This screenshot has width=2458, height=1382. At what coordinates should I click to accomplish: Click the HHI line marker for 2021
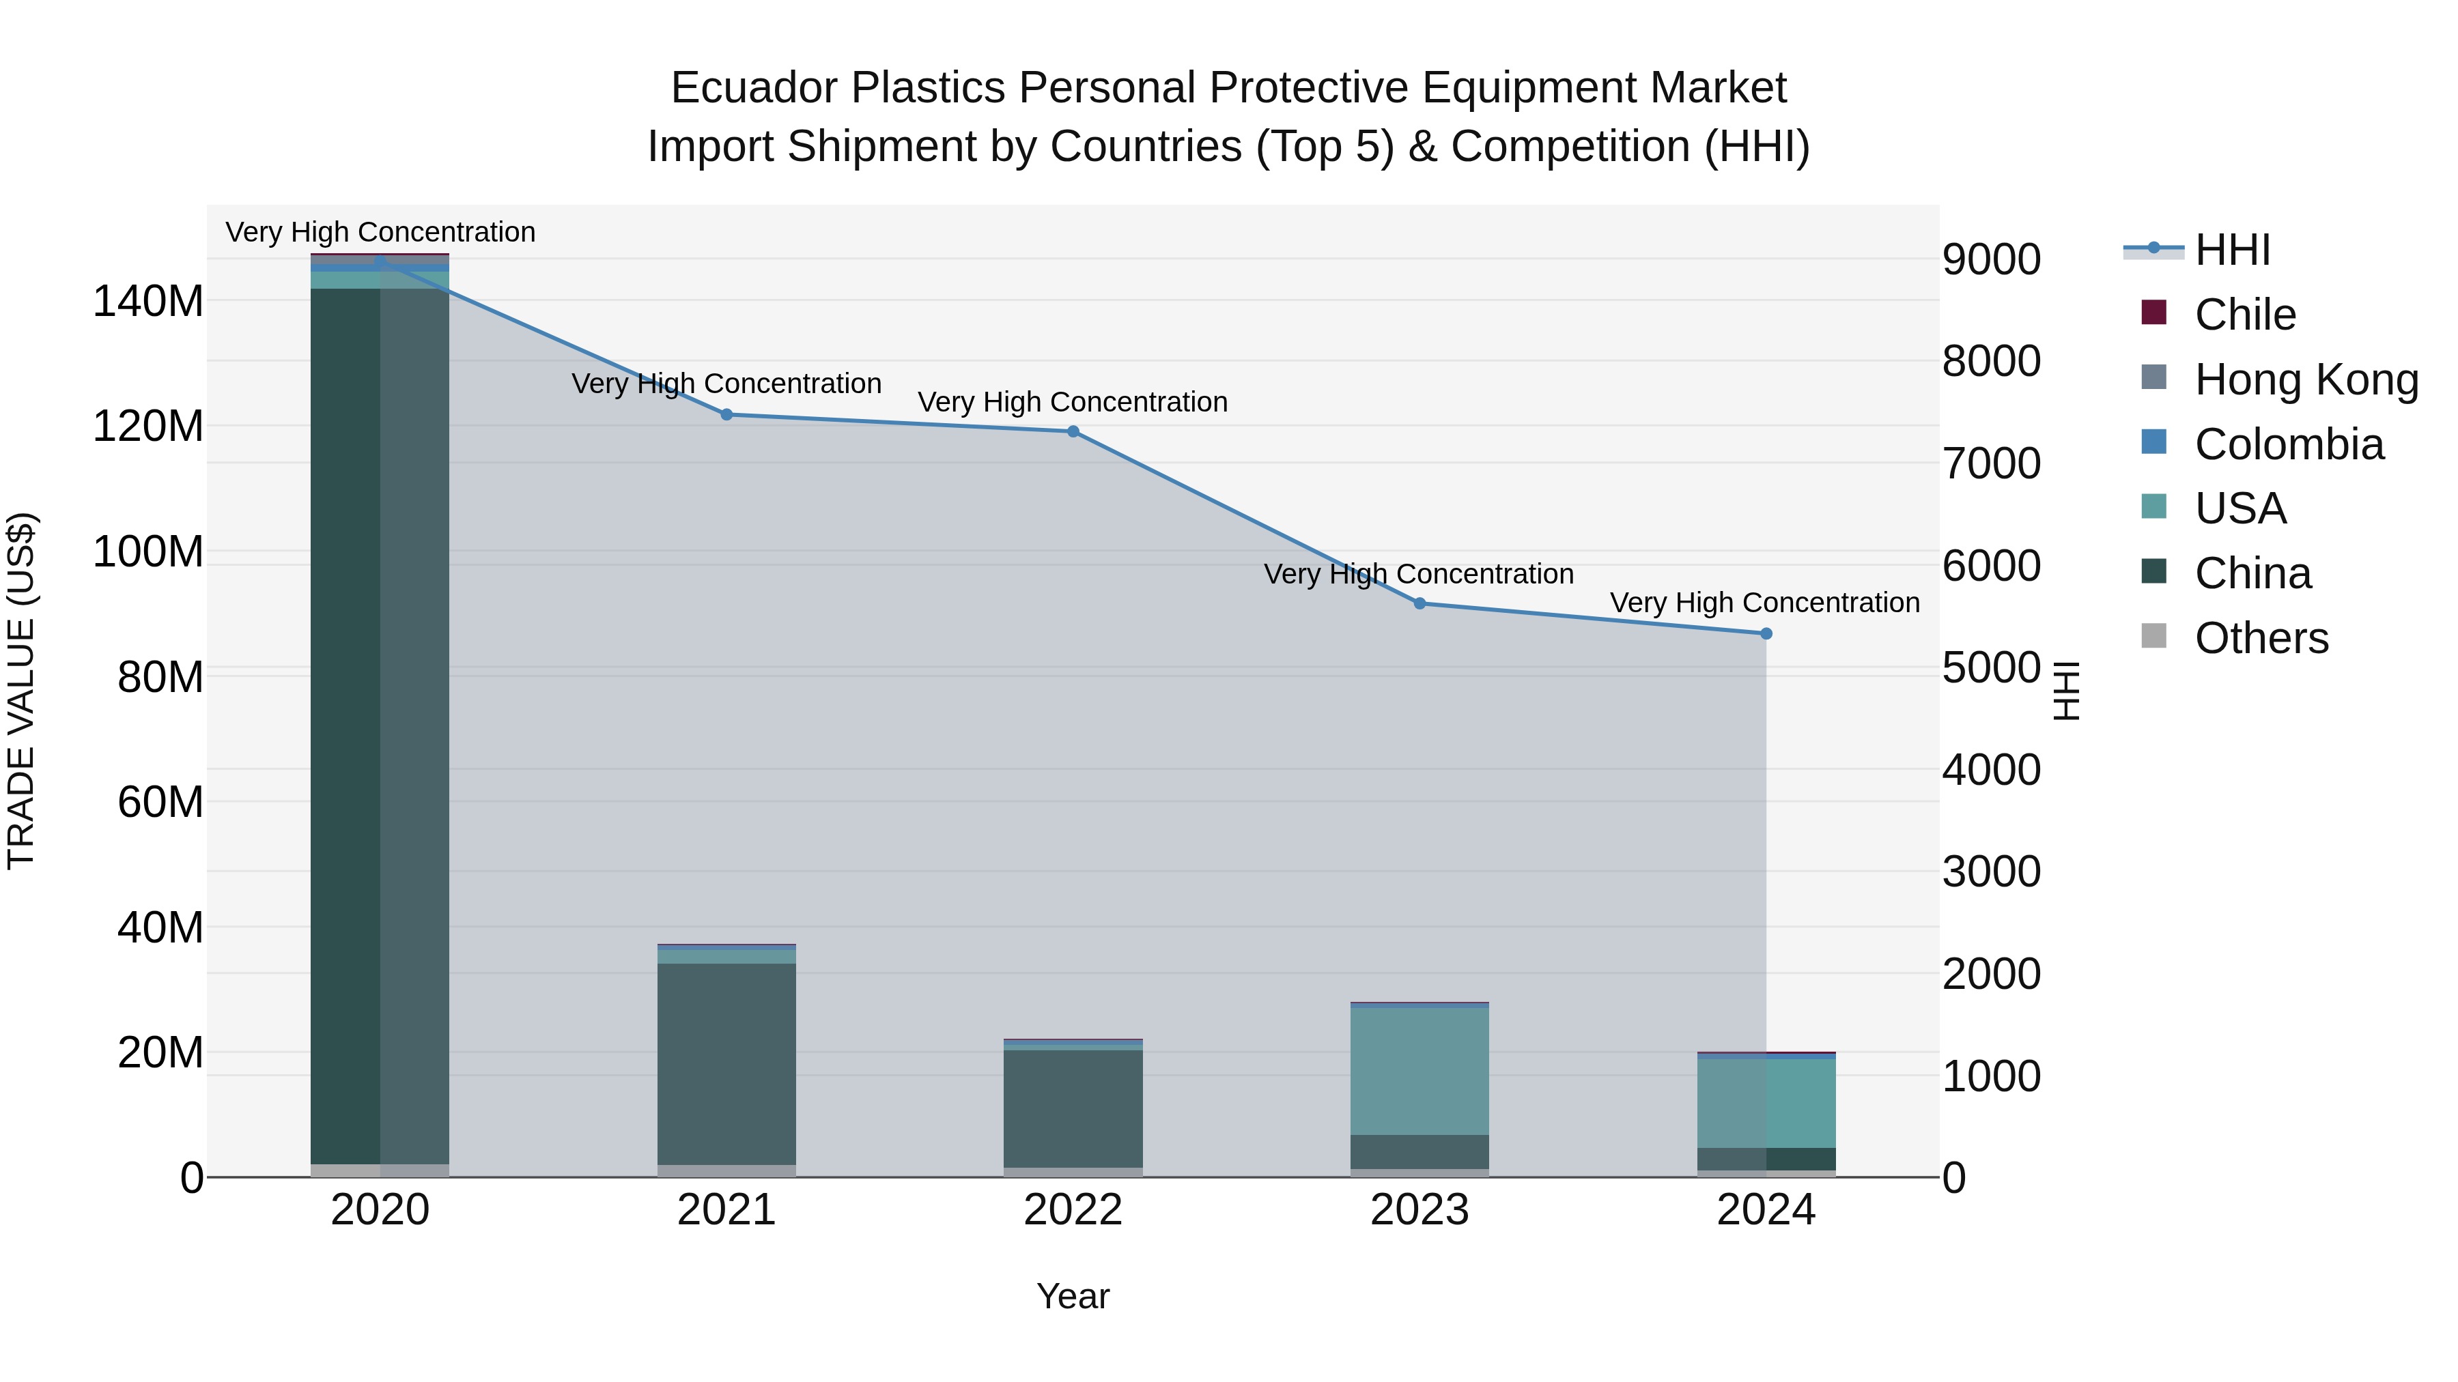pos(726,415)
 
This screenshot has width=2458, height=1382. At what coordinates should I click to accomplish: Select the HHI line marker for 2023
pos(1419,604)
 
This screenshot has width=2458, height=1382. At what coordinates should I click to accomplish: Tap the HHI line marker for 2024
pos(1765,634)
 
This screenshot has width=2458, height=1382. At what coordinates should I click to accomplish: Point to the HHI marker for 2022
pos(1073,432)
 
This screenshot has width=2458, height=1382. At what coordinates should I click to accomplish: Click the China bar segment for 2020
pos(380,725)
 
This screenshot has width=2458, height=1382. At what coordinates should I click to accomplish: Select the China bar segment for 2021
pos(726,1063)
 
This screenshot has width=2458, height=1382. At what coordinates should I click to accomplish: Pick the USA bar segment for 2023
pos(1419,1070)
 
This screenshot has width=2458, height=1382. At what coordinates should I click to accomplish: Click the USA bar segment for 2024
pos(1765,1103)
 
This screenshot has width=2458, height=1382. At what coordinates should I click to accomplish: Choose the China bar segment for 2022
pos(1073,1108)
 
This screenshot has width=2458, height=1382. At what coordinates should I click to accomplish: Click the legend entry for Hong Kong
pos(2305,379)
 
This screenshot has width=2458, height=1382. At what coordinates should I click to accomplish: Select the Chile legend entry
pos(2244,315)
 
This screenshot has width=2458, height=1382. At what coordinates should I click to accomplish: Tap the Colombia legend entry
pos(2288,444)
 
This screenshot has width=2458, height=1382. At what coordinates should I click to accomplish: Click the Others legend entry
pos(2261,638)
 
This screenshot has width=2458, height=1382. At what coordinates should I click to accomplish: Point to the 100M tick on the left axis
pos(148,552)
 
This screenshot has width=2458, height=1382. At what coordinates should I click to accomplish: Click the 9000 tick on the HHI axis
pos(1990,259)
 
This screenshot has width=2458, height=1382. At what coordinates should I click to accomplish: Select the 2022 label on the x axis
pos(1073,1210)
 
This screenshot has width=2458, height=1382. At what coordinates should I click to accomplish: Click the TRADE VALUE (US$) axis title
pos(21,691)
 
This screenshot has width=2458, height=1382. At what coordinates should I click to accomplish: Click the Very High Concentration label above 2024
pos(1764,603)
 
